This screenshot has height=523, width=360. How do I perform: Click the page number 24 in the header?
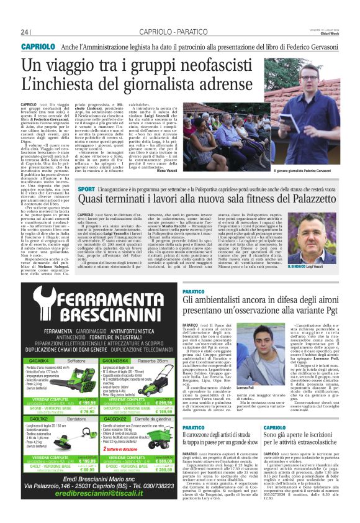pos(25,32)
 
